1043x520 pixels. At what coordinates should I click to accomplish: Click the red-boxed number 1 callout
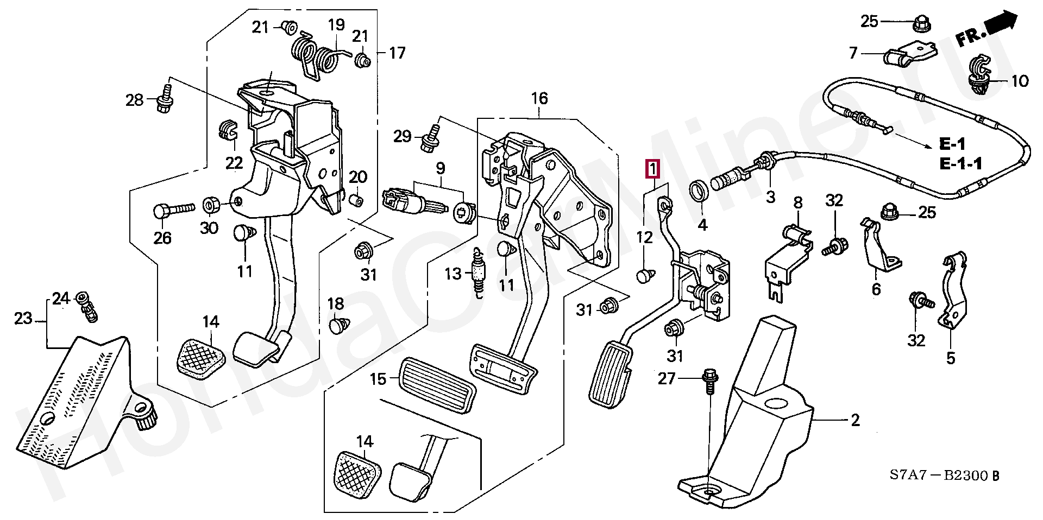pyautogui.click(x=652, y=169)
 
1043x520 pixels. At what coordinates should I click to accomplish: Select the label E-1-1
pyautogui.click(x=960, y=163)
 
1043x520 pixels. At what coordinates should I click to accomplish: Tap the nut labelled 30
pyautogui.click(x=210, y=206)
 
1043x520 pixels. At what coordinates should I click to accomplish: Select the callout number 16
pyautogui.click(x=539, y=98)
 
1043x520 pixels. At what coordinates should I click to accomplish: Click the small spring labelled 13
pyautogui.click(x=478, y=275)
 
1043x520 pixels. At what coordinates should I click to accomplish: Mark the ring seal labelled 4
pyautogui.click(x=699, y=191)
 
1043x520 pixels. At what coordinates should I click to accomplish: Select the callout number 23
pyautogui.click(x=23, y=318)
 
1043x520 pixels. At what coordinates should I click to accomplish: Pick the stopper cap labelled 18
pyautogui.click(x=338, y=326)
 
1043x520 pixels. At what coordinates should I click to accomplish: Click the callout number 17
pyautogui.click(x=397, y=53)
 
